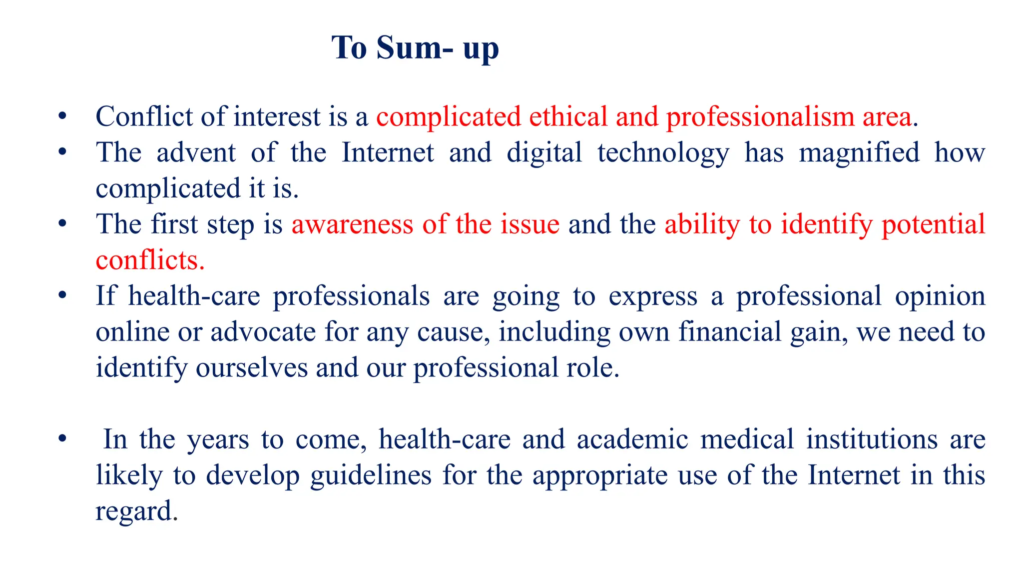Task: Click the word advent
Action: [196, 152]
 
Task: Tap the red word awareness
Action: [352, 224]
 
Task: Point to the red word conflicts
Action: [150, 260]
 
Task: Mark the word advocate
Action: [263, 332]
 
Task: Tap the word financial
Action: [730, 332]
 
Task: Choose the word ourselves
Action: [252, 368]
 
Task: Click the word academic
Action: [632, 439]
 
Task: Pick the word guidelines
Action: [371, 475]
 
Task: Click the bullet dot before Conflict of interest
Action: [62, 116]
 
